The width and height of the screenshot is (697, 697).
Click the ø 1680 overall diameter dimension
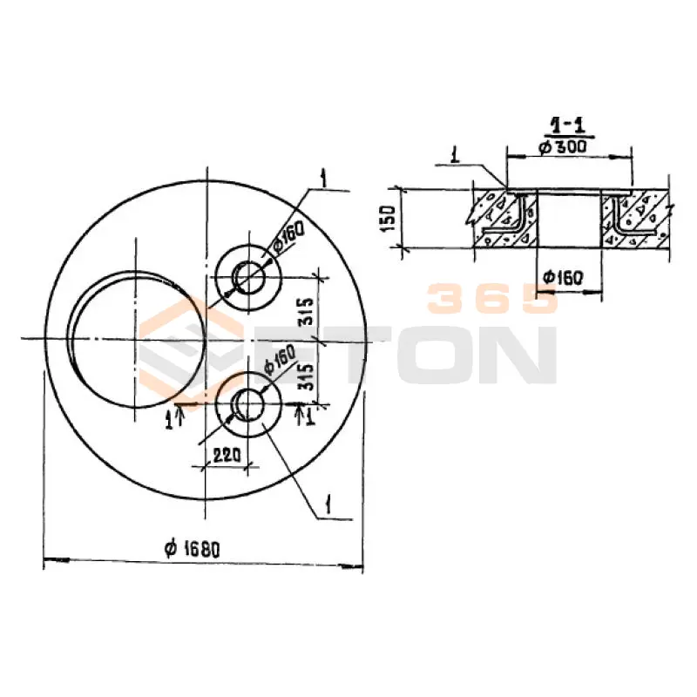point(192,550)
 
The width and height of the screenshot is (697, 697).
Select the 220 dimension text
point(227,455)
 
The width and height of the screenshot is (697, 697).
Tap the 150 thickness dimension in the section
point(389,218)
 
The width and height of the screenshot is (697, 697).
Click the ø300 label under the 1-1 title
point(562,146)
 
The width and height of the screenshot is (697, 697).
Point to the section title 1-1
point(569,125)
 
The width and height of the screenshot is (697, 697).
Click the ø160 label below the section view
point(562,278)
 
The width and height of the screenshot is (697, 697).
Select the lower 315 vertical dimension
point(306,376)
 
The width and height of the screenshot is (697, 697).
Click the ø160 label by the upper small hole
point(288,238)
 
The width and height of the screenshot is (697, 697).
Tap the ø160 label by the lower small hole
point(280,359)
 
